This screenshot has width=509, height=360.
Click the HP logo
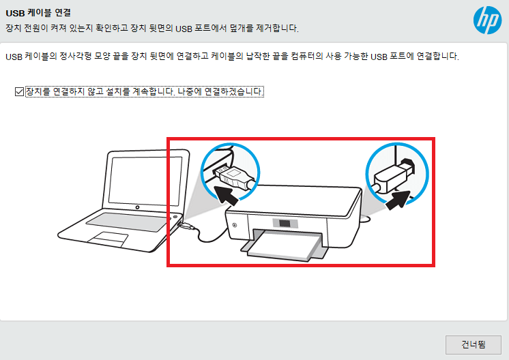(487, 20)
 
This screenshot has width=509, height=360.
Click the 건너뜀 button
(474, 344)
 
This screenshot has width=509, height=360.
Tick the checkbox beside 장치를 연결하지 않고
(19, 92)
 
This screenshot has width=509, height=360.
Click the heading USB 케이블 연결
(38, 13)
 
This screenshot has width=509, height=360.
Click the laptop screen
(145, 180)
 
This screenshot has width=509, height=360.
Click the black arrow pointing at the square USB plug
(398, 200)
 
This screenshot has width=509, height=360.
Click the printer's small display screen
(285, 224)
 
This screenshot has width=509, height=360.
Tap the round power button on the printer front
(235, 225)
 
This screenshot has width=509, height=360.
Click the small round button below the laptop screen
(137, 207)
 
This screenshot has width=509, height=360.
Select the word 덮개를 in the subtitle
(242, 28)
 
